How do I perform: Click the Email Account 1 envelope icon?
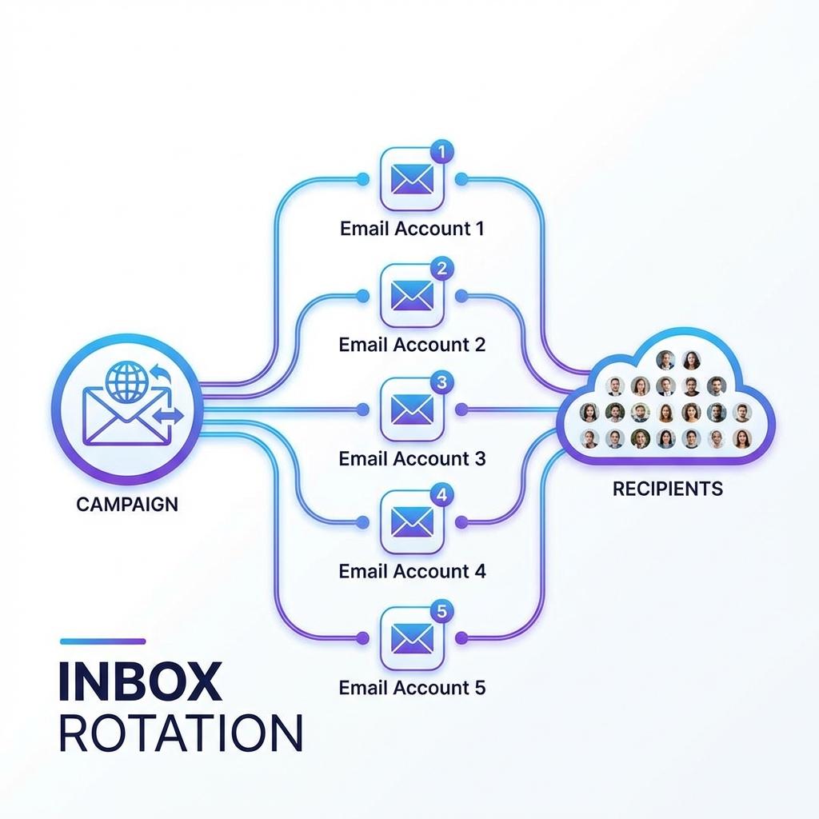click(x=412, y=179)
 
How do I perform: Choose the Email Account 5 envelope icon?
click(x=412, y=638)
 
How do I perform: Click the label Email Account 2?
click(x=412, y=345)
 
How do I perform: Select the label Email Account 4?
click(x=412, y=572)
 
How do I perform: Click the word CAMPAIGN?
click(x=127, y=505)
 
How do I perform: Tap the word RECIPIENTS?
click(x=668, y=489)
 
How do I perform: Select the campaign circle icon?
click(x=126, y=410)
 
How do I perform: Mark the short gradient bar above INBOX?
click(x=102, y=641)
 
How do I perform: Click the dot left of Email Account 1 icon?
click(x=362, y=179)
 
